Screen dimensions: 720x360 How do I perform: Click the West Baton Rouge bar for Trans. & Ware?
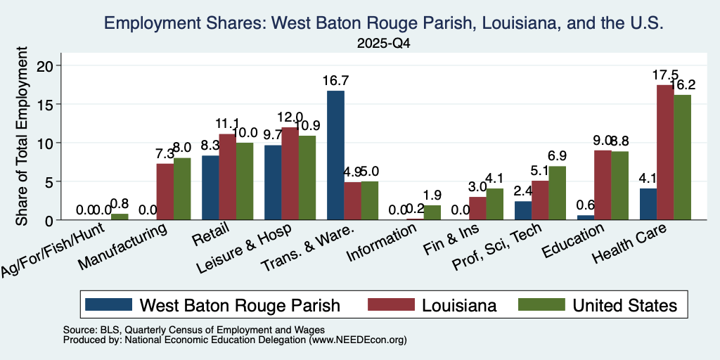(x=335, y=155)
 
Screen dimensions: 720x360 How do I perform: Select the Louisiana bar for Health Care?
(x=665, y=153)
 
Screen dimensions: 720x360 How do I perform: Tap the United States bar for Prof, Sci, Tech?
(x=558, y=193)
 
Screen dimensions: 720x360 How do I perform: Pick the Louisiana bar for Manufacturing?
(x=165, y=192)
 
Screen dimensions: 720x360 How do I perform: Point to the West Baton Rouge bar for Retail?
(x=210, y=188)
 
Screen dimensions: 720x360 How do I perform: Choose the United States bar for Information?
(x=432, y=212)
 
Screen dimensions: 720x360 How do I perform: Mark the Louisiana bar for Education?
(x=603, y=185)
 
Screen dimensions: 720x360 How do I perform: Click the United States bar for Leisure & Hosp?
(x=307, y=178)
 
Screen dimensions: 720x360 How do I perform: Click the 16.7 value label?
(x=335, y=81)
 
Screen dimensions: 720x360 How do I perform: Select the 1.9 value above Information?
(x=432, y=195)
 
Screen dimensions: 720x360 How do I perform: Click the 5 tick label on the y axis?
(x=51, y=181)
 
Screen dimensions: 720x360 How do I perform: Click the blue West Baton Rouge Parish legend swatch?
(x=109, y=304)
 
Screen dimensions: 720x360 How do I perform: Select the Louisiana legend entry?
(x=432, y=305)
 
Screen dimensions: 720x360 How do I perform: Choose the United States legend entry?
(x=598, y=305)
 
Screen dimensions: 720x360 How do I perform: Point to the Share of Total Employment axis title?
(x=22, y=136)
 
